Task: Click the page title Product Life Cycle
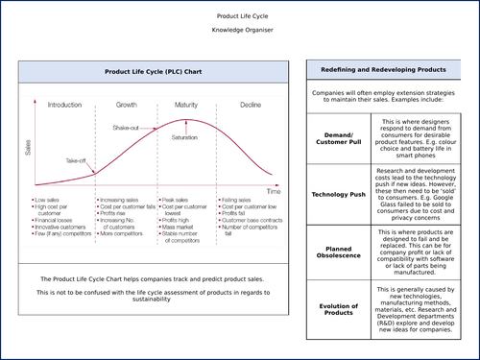(x=240, y=16)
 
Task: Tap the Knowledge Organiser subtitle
(x=240, y=32)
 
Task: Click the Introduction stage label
(x=64, y=104)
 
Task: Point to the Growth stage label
(x=126, y=104)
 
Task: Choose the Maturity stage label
(x=186, y=104)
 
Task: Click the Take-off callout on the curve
(x=77, y=161)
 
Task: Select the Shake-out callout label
(x=126, y=128)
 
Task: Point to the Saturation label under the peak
(x=184, y=137)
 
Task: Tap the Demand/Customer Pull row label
(x=342, y=138)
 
